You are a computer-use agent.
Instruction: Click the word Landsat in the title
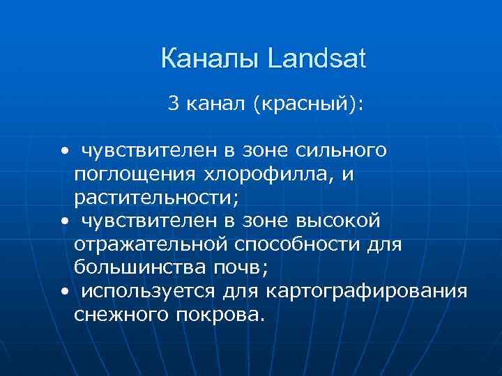coord(316,59)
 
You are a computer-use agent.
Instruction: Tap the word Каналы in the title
coord(210,59)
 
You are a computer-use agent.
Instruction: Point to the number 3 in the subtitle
coord(173,104)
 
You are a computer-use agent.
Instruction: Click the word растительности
coord(155,198)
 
